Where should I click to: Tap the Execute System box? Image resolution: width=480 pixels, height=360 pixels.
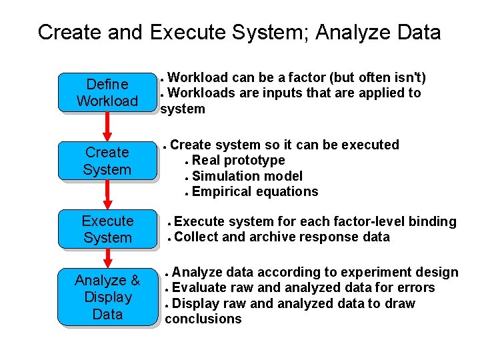click(107, 229)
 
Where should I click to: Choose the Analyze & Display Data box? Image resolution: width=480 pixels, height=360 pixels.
click(107, 297)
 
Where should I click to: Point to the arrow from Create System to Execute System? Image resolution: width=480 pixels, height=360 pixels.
click(107, 195)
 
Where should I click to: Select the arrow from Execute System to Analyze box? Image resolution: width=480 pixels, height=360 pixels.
click(107, 257)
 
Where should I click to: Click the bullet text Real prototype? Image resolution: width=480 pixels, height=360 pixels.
click(238, 160)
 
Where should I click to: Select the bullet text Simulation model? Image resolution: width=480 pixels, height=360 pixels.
click(247, 176)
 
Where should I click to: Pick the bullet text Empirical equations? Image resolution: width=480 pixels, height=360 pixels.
click(255, 192)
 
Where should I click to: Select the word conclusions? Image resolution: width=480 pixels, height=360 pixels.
click(203, 319)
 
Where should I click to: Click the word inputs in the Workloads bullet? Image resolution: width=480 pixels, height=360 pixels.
click(281, 93)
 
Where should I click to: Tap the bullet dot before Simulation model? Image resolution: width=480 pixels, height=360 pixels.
click(187, 177)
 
